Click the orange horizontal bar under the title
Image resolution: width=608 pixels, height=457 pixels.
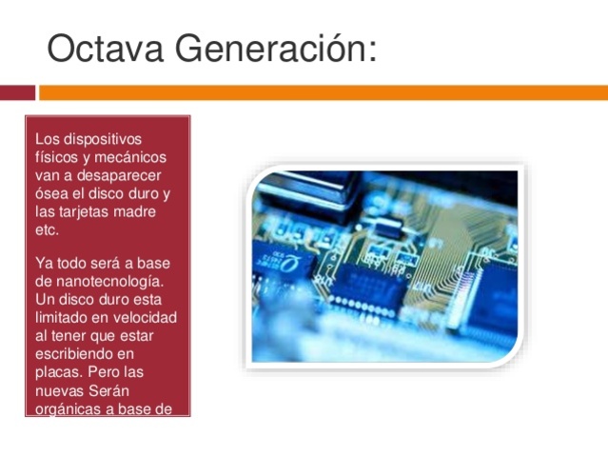[x=324, y=92]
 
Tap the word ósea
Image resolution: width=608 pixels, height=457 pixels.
[x=51, y=193]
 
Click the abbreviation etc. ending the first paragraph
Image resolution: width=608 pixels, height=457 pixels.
[x=47, y=229]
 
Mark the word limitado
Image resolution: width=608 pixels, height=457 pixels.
[x=64, y=317]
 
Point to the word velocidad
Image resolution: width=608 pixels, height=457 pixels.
[x=144, y=317]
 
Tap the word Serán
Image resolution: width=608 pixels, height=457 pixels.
[x=109, y=390]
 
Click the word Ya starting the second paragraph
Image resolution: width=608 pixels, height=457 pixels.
[x=44, y=263]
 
